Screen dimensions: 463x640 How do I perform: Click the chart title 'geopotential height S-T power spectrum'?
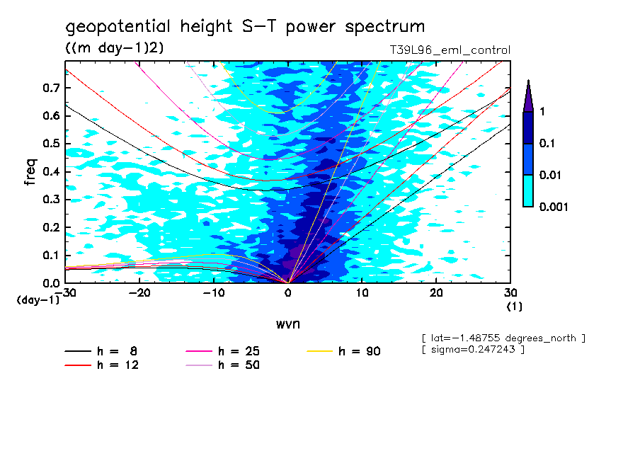coord(245,27)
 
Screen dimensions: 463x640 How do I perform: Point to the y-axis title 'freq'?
coord(30,173)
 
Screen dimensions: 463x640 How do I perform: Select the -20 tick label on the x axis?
coord(139,292)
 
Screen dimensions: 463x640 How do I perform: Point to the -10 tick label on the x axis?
coord(214,292)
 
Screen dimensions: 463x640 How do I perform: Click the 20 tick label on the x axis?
coord(436,292)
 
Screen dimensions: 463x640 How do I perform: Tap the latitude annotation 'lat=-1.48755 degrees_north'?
coord(503,338)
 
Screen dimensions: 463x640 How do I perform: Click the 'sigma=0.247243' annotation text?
coord(473,350)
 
